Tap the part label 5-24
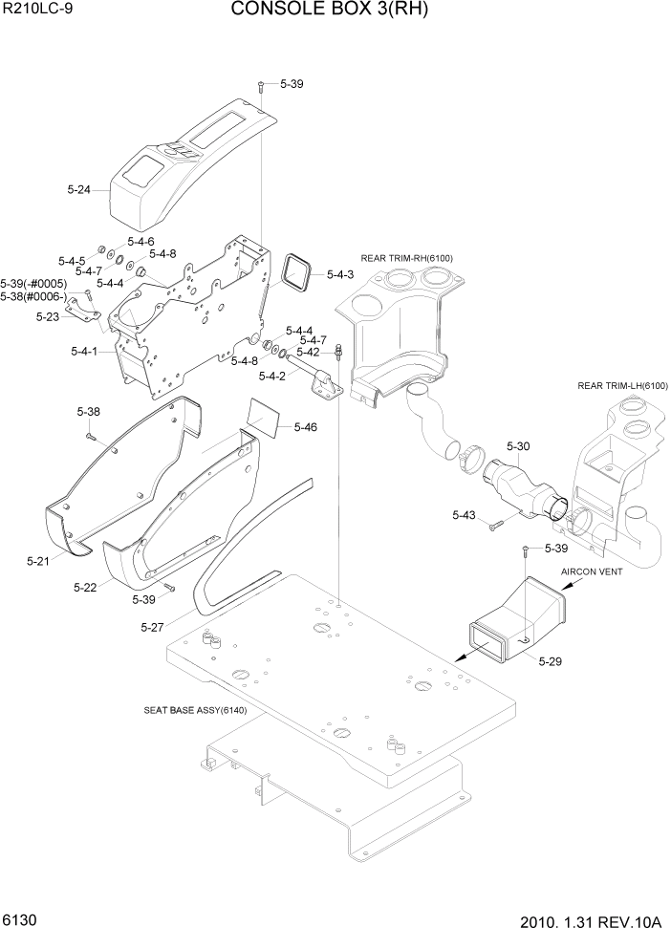tap(79, 190)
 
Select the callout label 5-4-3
tap(340, 275)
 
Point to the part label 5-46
tap(306, 426)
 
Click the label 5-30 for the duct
tap(518, 446)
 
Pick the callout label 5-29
tap(551, 661)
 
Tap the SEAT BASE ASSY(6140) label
tap(195, 710)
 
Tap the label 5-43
tap(464, 516)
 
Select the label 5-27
tap(153, 627)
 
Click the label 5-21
tap(37, 561)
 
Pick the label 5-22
tap(85, 587)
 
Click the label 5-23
tap(48, 316)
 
